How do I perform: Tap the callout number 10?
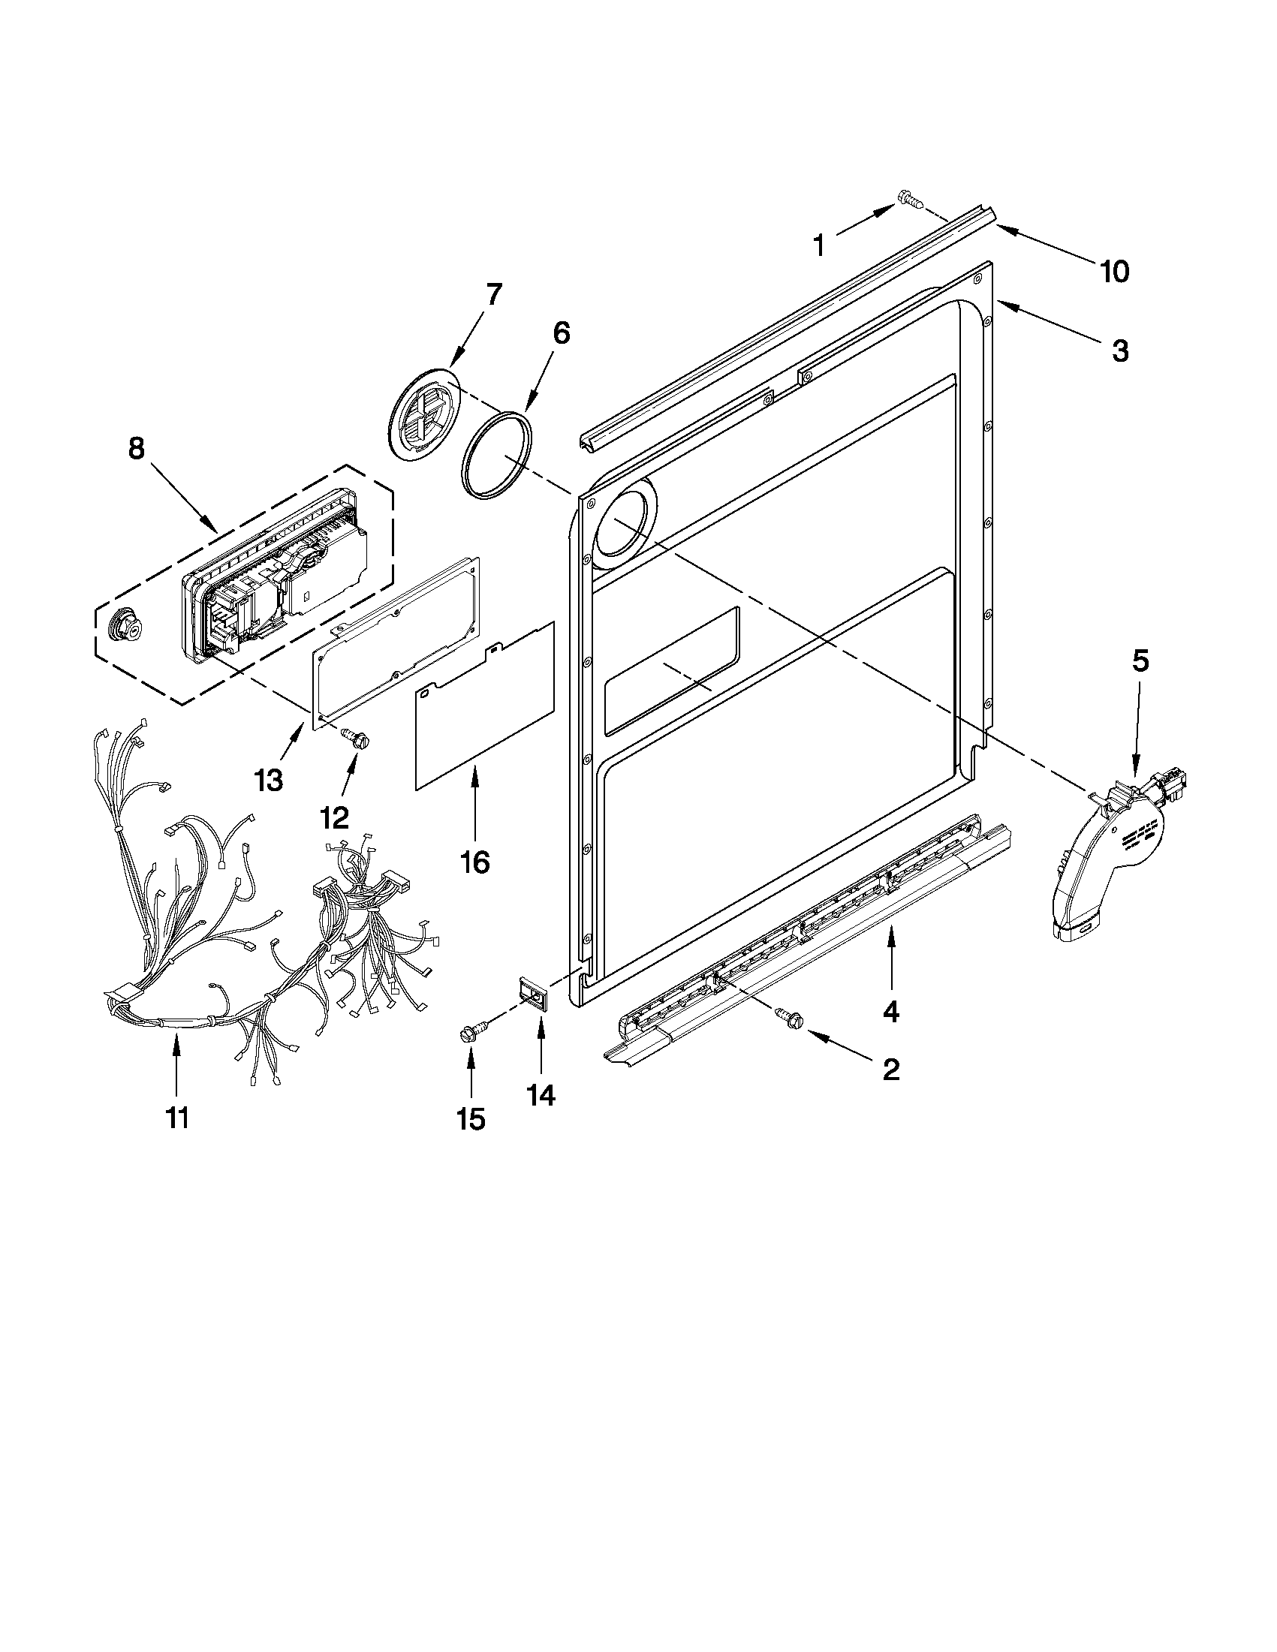[x=1114, y=271]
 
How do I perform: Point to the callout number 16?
[x=475, y=862]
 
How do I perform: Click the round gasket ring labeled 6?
[x=496, y=456]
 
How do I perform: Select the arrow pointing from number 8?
[x=181, y=496]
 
